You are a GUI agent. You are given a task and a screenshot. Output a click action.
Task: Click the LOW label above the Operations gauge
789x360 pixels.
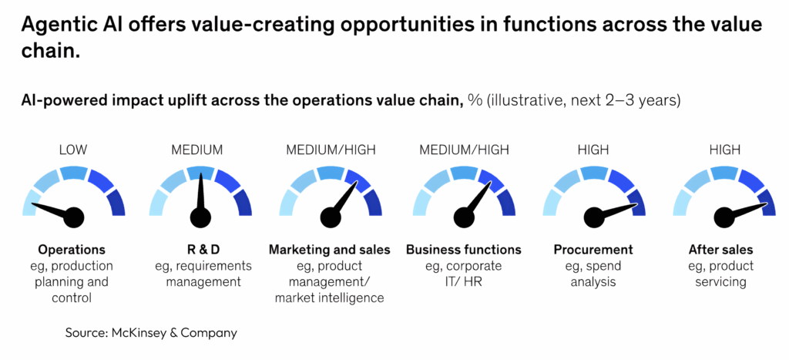(x=72, y=150)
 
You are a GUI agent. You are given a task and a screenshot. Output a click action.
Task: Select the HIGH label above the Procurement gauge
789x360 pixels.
(x=593, y=150)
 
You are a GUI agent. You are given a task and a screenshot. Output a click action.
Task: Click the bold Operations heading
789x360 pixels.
(x=72, y=250)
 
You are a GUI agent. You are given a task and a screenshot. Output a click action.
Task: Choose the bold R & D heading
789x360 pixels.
(x=202, y=250)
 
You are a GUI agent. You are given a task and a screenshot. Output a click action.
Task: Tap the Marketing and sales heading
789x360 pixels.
(x=329, y=250)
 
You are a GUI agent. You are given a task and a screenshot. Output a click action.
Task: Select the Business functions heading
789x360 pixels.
(x=463, y=250)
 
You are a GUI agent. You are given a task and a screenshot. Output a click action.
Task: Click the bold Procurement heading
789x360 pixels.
(x=593, y=250)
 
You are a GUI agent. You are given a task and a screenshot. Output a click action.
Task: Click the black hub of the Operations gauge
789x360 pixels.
(x=72, y=217)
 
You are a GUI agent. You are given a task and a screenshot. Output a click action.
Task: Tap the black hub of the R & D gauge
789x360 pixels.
(x=202, y=217)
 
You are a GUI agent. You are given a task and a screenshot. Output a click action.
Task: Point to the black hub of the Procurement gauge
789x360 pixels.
(x=593, y=217)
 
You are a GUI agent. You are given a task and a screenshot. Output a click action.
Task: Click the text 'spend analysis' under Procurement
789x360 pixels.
(x=593, y=274)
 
